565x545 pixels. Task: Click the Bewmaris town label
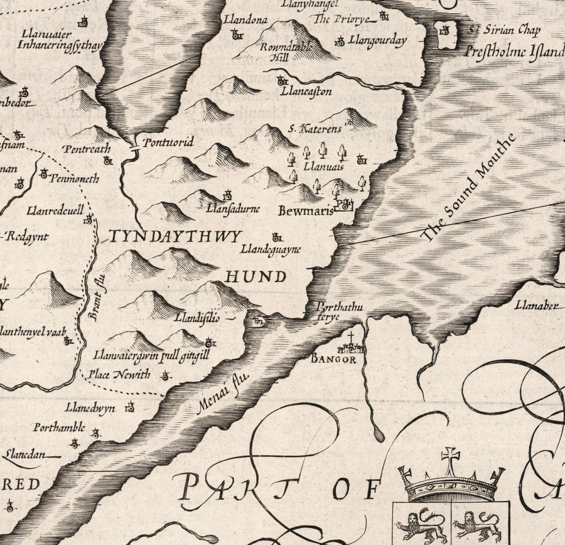coord(305,211)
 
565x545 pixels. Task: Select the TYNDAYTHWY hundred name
coord(175,237)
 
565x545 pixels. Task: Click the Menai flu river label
coord(223,392)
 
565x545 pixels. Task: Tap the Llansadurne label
coord(233,208)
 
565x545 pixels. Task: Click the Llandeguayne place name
coord(271,249)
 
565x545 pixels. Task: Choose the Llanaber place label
coord(535,306)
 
